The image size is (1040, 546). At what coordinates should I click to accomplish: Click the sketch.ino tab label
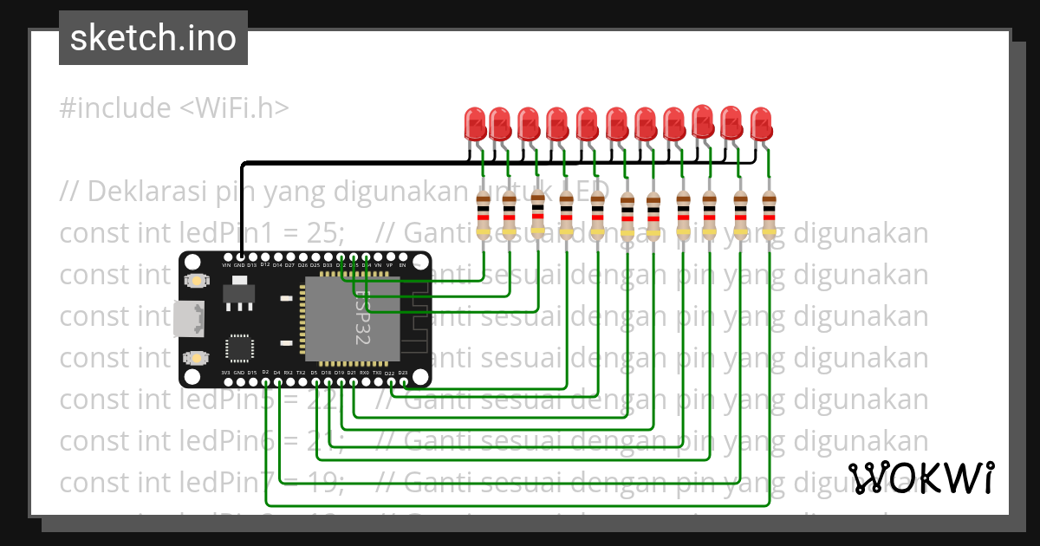coord(153,38)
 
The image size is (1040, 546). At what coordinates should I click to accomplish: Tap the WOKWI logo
coord(920,478)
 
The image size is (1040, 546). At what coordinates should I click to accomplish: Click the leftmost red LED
coord(475,124)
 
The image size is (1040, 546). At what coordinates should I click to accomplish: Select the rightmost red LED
coord(760,124)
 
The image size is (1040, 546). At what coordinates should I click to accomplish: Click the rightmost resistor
coord(769,216)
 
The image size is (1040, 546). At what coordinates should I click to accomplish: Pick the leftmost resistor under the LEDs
coord(484,216)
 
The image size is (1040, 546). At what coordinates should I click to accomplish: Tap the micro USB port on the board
coord(187,318)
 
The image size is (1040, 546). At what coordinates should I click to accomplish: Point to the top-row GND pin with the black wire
coord(240,257)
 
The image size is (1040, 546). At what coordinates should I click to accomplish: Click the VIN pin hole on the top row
coord(227,257)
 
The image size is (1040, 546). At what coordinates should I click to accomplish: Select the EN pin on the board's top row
coord(402,257)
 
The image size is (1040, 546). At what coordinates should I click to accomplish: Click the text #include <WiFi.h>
coord(174,108)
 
